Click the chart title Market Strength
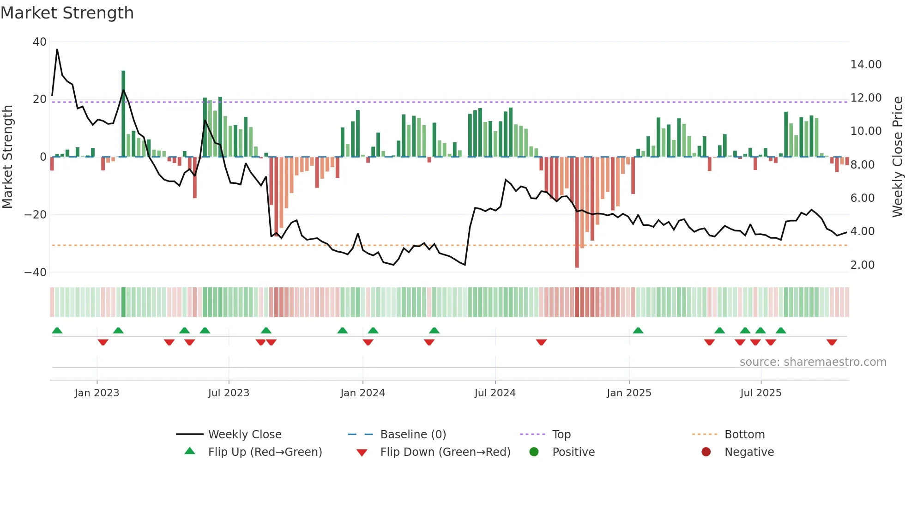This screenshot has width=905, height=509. pyautogui.click(x=67, y=13)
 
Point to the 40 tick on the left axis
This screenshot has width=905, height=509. pyautogui.click(x=40, y=42)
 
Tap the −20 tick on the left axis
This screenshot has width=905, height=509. pyautogui.click(x=36, y=215)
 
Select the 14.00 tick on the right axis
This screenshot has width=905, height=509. pyautogui.click(x=866, y=65)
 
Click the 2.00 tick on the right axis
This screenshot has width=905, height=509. pyautogui.click(x=862, y=265)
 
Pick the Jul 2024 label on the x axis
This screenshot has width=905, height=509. pyautogui.click(x=495, y=393)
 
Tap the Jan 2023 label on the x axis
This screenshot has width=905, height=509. pyautogui.click(x=97, y=393)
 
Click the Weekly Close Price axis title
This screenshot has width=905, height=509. pyautogui.click(x=897, y=157)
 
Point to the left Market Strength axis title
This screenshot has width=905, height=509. pyautogui.click(x=7, y=157)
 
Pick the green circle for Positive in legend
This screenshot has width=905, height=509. pyautogui.click(x=534, y=452)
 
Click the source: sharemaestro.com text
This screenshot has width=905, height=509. pyautogui.click(x=813, y=362)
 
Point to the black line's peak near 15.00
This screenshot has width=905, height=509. pyautogui.click(x=57, y=49)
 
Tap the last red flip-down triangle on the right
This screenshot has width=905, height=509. pyautogui.click(x=832, y=342)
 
